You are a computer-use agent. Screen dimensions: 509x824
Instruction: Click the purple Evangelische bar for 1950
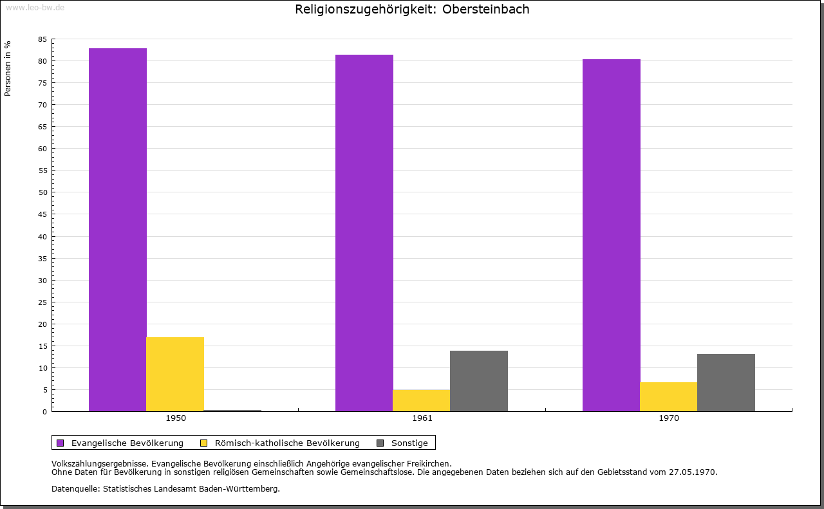118,230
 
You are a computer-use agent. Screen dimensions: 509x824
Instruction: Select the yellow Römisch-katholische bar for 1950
175,374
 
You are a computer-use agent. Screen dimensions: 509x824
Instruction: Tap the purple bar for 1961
364,233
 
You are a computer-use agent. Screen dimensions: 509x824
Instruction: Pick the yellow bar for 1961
421,400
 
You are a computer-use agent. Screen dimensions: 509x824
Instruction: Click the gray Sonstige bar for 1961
479,381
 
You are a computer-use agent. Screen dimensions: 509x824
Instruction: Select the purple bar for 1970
612,235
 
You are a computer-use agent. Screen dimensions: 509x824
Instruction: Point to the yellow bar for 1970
668,396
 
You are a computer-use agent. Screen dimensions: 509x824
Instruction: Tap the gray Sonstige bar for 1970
726,382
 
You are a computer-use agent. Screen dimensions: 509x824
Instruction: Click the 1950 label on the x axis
176,418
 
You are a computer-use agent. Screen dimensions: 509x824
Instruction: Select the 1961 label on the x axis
422,418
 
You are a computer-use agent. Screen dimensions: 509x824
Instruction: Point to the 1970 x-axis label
669,418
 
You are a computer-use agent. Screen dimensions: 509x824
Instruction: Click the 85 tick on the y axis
42,39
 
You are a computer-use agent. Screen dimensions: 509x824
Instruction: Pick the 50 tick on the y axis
42,192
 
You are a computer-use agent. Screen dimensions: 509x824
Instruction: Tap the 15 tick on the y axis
42,346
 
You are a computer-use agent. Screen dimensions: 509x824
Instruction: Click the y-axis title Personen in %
8,68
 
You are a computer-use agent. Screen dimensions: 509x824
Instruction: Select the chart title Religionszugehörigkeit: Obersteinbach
412,10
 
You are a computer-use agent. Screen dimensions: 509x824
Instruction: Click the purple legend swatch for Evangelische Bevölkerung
61,443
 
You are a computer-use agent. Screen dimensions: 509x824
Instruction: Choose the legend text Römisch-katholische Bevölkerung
287,443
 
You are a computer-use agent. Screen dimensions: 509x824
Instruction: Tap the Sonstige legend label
409,443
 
